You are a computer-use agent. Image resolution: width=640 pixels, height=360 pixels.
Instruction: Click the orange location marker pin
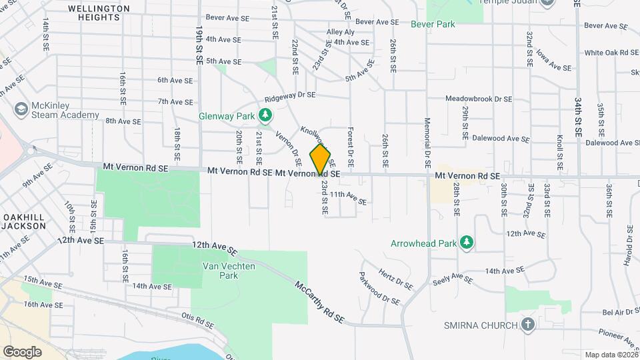[x=320, y=159]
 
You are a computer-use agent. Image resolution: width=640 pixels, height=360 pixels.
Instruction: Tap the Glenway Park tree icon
[x=266, y=116]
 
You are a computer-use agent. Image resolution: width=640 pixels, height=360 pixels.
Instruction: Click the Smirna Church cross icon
[x=527, y=325]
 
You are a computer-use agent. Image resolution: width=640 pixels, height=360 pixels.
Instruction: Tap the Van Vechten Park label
[x=220, y=270]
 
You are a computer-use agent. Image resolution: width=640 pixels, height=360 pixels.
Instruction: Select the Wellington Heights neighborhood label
[x=98, y=13]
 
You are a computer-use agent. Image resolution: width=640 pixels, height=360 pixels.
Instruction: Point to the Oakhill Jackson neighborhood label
[x=23, y=221]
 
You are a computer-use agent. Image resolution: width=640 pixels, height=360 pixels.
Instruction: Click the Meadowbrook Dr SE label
[x=479, y=99]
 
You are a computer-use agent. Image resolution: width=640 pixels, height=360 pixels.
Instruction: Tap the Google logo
[x=22, y=351]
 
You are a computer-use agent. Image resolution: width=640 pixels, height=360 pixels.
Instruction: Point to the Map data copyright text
[x=611, y=355]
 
